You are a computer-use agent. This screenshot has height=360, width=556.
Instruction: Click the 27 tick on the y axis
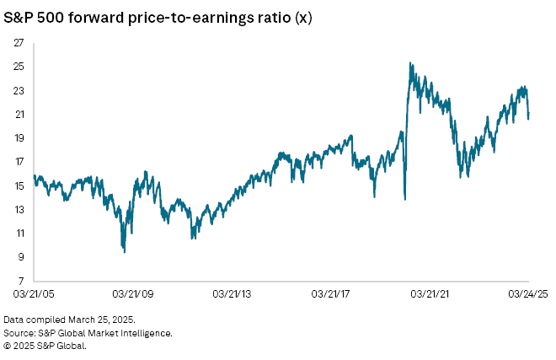pyautogui.click(x=19, y=42)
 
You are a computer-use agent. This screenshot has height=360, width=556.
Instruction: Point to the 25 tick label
pyautogui.click(x=19, y=66)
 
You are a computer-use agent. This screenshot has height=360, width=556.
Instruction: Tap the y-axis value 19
pyautogui.click(x=19, y=137)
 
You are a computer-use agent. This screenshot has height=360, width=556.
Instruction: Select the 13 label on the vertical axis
pyautogui.click(x=19, y=209)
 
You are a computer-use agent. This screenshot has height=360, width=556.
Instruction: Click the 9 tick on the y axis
pyautogui.click(x=21, y=257)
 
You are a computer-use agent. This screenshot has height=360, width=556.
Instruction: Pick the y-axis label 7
pyautogui.click(x=21, y=281)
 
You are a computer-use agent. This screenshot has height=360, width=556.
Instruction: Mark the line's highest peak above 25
pyautogui.click(x=409, y=63)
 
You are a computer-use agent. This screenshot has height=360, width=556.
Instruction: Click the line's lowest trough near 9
pyautogui.click(x=124, y=251)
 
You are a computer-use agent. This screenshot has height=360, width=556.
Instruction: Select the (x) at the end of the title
pyautogui.click(x=301, y=15)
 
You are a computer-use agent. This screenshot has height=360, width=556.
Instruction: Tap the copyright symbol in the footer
pyautogui.click(x=8, y=344)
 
